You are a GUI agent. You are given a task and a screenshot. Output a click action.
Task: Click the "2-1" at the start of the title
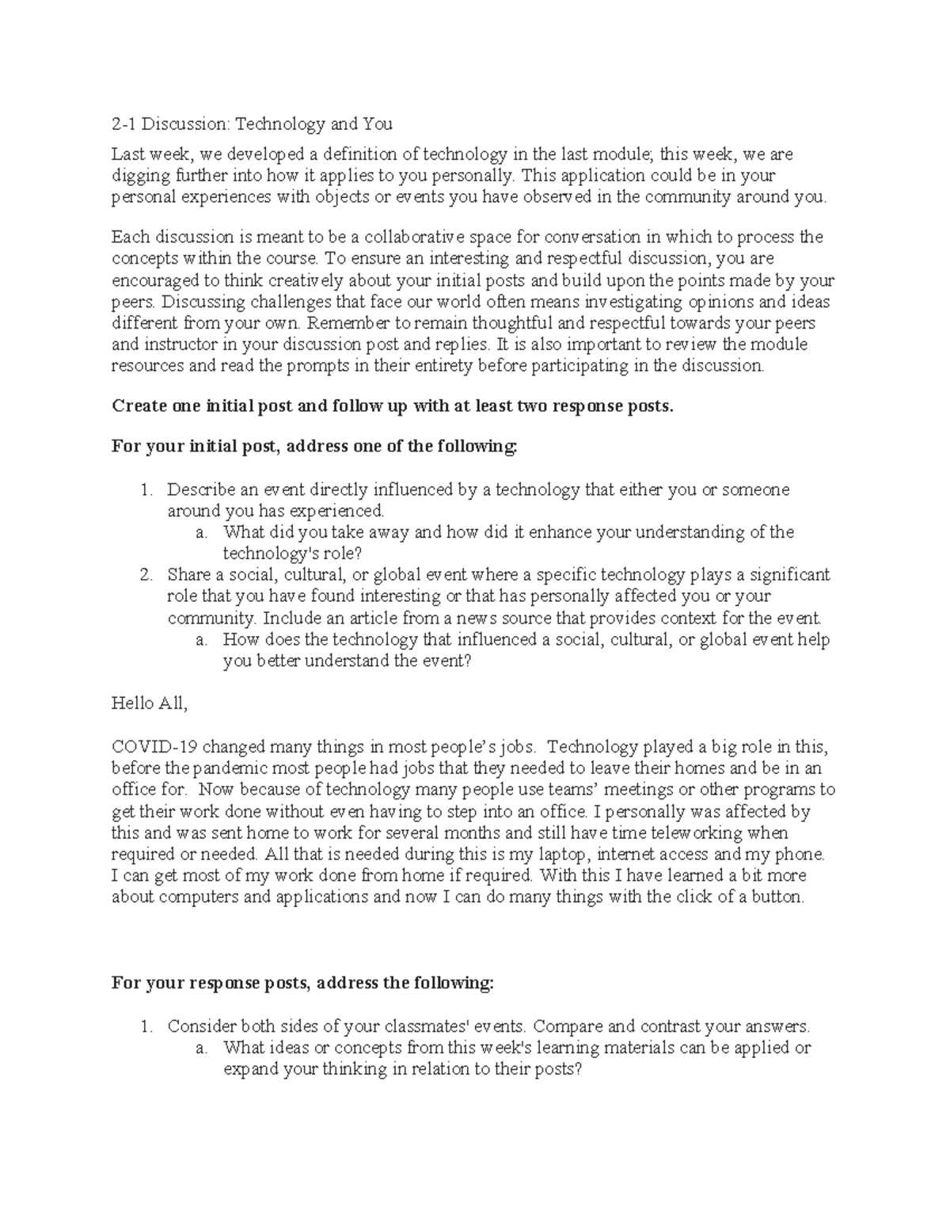click(124, 124)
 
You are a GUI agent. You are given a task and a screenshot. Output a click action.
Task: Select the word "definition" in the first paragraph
click(351, 154)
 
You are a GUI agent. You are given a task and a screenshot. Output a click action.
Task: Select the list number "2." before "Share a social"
click(146, 574)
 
